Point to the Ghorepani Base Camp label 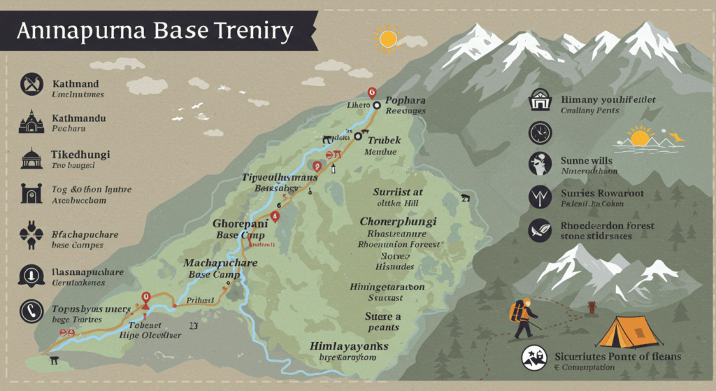point(240,229)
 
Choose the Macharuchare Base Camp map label point(220,269)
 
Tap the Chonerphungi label point(398,222)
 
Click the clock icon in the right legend point(540,132)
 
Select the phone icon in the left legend point(31,310)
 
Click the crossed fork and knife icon point(31,84)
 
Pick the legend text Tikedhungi point(80,155)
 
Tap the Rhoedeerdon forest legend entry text point(608,226)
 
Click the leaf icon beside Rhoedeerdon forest point(540,230)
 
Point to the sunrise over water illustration point(641,138)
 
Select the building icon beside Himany point(540,100)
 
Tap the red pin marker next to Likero point(371,92)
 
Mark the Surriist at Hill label point(398,197)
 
